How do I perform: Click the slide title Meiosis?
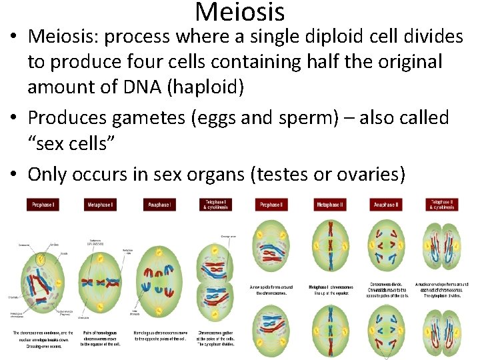click(240, 11)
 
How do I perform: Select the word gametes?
click(149, 117)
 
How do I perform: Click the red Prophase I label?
click(44, 205)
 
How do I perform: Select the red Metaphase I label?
click(100, 205)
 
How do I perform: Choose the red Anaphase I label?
click(158, 205)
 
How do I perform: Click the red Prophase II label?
click(273, 205)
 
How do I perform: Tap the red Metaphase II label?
click(331, 205)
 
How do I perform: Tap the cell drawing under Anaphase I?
click(158, 280)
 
